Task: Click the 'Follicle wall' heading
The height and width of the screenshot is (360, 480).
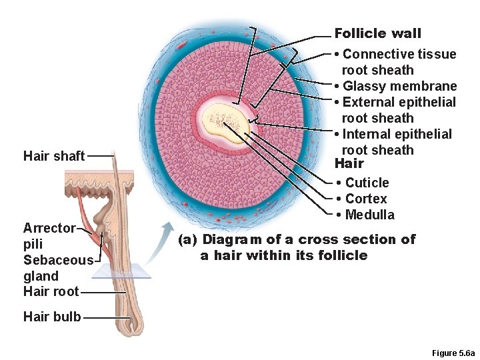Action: coord(377,33)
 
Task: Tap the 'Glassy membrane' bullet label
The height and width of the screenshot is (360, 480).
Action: coord(399,86)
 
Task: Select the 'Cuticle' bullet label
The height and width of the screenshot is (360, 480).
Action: coord(367,183)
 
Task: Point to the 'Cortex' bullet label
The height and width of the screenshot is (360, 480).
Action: coord(365,199)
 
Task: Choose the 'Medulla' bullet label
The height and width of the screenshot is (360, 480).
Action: coord(369,215)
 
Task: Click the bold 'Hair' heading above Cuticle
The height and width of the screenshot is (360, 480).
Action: coord(349,164)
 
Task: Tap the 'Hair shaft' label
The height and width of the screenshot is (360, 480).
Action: coord(54,156)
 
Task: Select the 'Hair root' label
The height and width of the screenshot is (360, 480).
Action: coord(51,292)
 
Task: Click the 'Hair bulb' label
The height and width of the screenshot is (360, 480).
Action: coord(52,317)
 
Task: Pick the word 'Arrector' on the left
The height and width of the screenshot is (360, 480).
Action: coord(49,228)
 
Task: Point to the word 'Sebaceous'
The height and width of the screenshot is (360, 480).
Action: coord(58,260)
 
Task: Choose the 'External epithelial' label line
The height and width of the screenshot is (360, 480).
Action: coord(399,102)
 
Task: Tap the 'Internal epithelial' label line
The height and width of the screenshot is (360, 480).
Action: coord(397,134)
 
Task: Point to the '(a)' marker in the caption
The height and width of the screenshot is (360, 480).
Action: coord(187,239)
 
